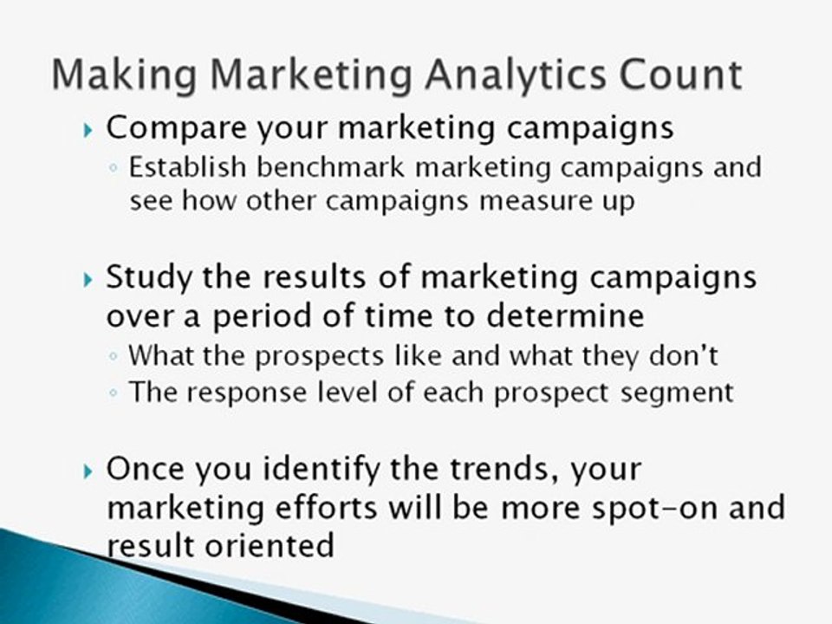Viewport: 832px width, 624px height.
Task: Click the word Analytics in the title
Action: tap(512, 75)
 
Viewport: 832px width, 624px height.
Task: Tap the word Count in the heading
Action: tap(681, 75)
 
